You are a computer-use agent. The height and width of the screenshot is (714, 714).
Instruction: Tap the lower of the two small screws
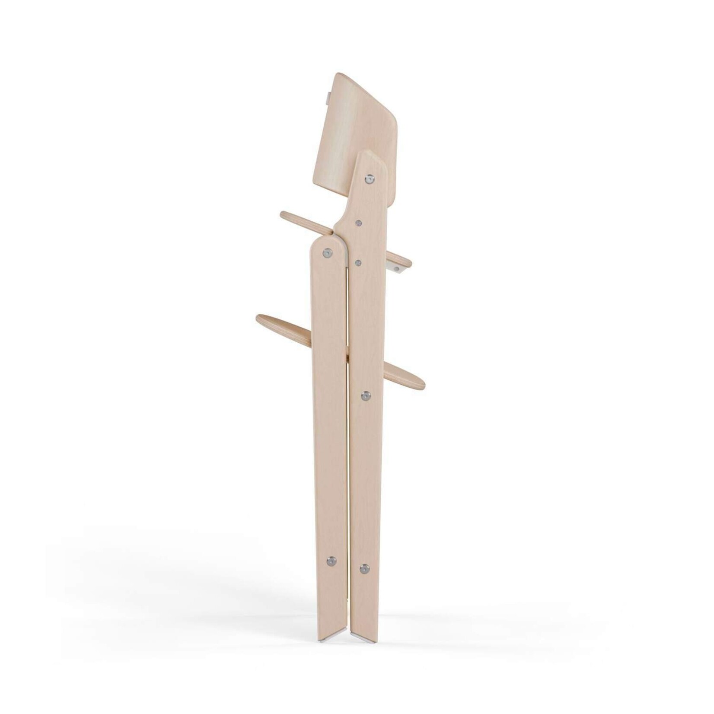click(x=358, y=262)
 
